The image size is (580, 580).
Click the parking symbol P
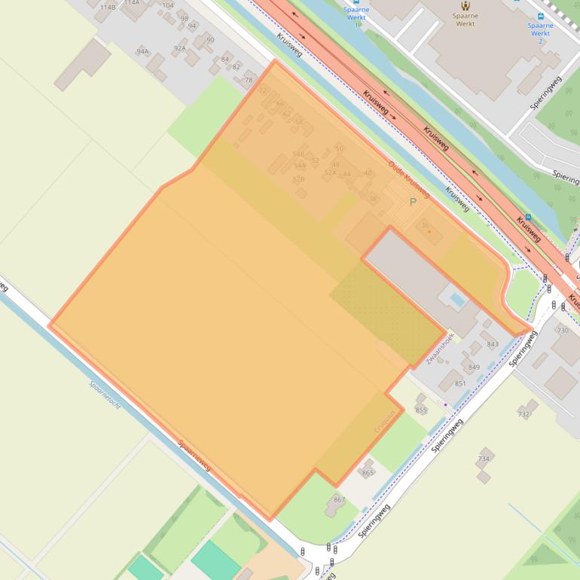pyautogui.click(x=412, y=202)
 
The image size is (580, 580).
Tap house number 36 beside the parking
pyautogui.click(x=425, y=225)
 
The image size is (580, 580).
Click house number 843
pyautogui.click(x=493, y=344)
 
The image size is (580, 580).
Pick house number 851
pyautogui.click(x=460, y=383)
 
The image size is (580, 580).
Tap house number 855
pyautogui.click(x=421, y=410)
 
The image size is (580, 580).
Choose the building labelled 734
pyautogui.click(x=484, y=459)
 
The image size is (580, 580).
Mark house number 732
pyautogui.click(x=524, y=414)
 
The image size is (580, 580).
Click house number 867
pyautogui.click(x=340, y=499)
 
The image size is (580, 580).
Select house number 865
pyautogui.click(x=368, y=472)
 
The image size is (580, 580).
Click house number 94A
pyautogui.click(x=142, y=51)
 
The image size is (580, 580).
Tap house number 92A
pyautogui.click(x=179, y=48)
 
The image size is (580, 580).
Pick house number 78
pyautogui.click(x=249, y=80)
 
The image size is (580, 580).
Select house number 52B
pyautogui.click(x=298, y=179)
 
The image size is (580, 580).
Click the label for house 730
pyautogui.click(x=563, y=331)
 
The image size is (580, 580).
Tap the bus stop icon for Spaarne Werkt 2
pyautogui.click(x=541, y=16)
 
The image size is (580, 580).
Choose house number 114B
pyautogui.click(x=108, y=7)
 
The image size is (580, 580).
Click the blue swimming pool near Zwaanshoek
pyautogui.click(x=457, y=300)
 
